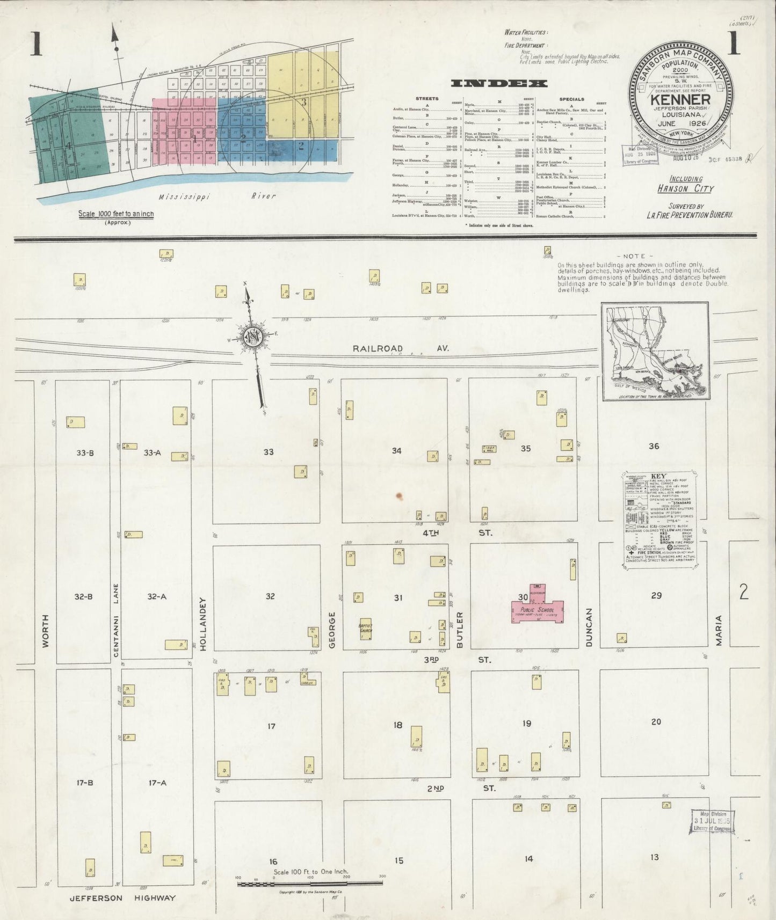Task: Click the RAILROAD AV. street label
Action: [400, 348]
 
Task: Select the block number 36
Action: [654, 446]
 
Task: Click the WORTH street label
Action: [45, 631]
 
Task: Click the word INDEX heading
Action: [499, 83]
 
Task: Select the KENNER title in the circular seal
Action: [680, 100]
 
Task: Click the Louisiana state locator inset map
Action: [655, 351]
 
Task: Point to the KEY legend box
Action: [659, 519]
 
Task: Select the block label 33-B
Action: [85, 453]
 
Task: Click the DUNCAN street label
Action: [589, 627]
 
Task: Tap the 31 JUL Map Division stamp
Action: [712, 821]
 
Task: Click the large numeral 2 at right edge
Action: [743, 592]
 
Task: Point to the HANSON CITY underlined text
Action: [685, 188]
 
